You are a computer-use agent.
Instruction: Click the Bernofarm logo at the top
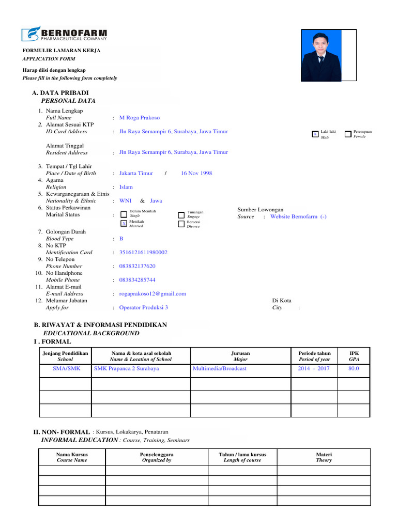coord(64,34)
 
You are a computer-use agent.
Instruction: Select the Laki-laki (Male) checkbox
coord(315,134)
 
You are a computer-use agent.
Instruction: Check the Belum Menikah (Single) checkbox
coord(124,214)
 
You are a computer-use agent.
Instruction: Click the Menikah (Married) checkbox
coord(124,223)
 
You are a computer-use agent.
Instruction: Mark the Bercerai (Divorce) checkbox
coord(181,224)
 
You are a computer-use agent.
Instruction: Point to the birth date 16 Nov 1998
coord(196,174)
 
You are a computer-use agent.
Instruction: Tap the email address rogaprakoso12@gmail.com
coord(152,294)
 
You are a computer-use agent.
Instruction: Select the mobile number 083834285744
coord(137,280)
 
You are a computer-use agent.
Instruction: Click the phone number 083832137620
coord(137,267)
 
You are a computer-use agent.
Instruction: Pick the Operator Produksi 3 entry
coord(143,307)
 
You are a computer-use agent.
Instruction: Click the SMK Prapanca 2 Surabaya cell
coord(127,369)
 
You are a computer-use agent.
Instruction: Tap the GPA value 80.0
coord(354,369)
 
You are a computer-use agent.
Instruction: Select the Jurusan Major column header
coord(240,356)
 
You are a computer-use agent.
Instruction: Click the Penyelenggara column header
coord(157,457)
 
